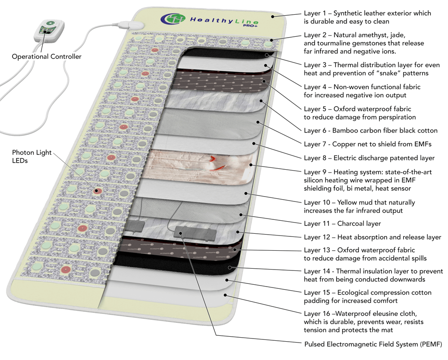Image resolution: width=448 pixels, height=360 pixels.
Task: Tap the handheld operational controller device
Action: pos(49,30)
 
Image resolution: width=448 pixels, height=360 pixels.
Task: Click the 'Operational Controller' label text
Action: pos(47,57)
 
